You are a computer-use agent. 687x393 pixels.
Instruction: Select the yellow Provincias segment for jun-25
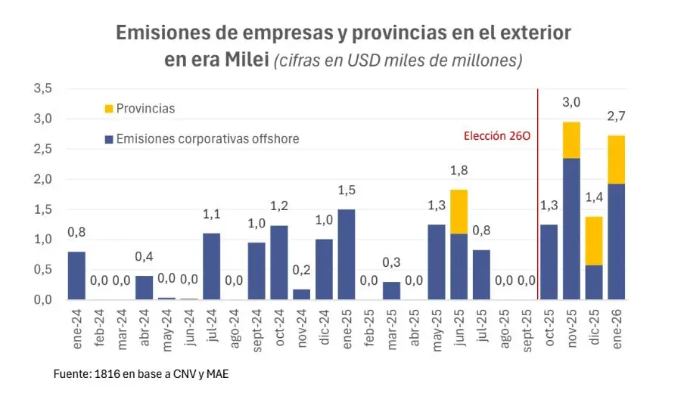(459, 212)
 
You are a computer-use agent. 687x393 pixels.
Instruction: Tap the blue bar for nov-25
(571, 229)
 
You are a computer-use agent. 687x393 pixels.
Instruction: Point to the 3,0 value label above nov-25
(571, 103)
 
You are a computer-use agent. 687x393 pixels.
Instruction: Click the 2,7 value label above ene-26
(617, 116)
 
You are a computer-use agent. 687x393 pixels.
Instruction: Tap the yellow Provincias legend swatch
(108, 108)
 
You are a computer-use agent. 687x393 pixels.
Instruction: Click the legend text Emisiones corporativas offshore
(208, 138)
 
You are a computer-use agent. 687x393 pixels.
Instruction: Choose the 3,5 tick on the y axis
(42, 88)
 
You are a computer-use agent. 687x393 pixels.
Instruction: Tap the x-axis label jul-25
(482, 326)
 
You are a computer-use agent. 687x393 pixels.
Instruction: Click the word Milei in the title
(246, 60)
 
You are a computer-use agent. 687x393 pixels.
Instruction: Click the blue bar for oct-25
(549, 262)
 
